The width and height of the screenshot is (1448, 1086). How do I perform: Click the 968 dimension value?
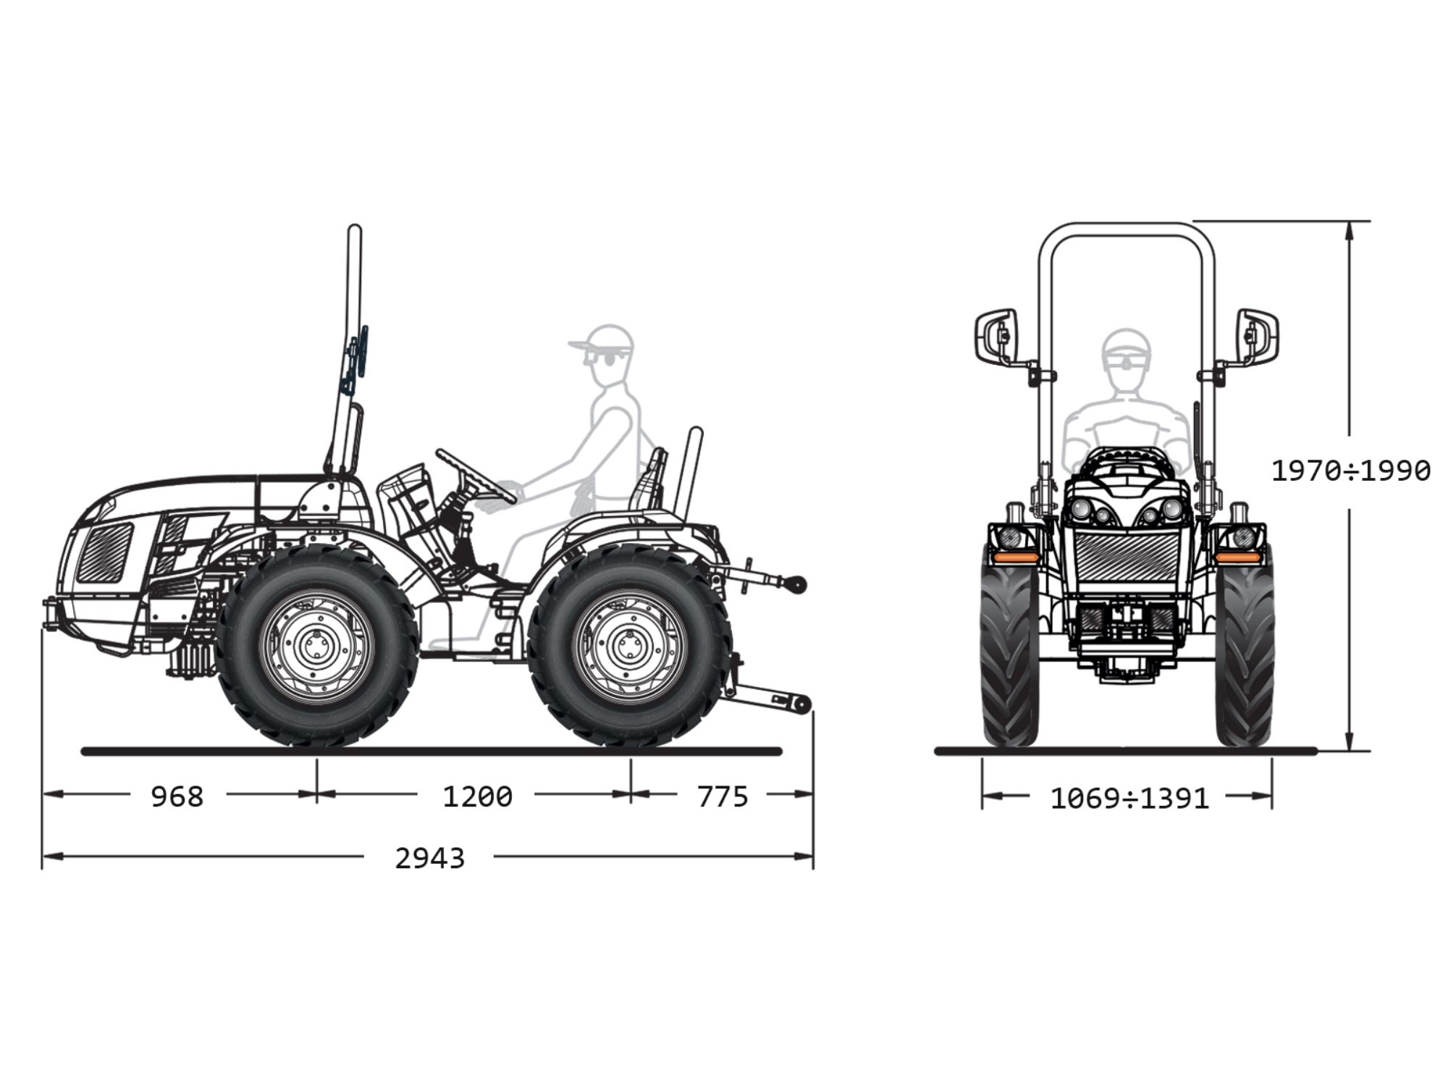(177, 796)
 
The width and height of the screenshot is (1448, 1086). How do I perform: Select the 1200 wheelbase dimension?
(477, 796)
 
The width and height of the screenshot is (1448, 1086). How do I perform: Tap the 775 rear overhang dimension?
(722, 796)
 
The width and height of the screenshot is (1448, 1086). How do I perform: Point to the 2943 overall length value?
(429, 858)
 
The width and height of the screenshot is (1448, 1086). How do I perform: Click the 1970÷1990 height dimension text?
(1351, 471)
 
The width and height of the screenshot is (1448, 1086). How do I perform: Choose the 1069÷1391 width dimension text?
(1129, 799)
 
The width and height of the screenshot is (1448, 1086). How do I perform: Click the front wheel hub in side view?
(316, 646)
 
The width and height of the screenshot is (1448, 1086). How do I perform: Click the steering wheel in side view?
(476, 476)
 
